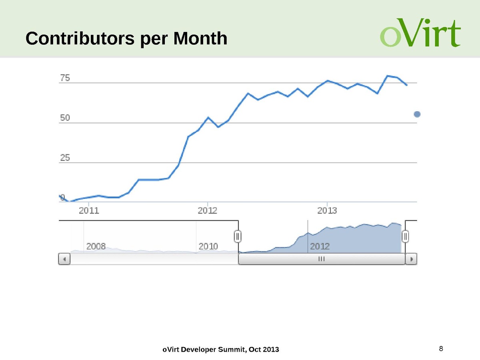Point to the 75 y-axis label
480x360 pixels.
point(65,78)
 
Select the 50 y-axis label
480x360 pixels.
point(65,118)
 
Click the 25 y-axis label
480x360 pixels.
point(65,158)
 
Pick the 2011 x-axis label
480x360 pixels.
point(88,210)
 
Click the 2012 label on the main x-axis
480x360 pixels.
point(208,210)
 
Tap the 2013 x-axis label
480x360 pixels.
point(327,210)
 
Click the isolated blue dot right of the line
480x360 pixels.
point(417,114)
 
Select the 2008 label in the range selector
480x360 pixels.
point(96,246)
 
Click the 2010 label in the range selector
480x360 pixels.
point(208,246)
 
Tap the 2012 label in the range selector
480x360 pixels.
point(320,246)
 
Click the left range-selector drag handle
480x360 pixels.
point(238,236)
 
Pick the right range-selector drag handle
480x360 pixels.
point(405,236)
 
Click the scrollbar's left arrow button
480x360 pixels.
point(64,259)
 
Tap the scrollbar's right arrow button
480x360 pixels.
point(412,259)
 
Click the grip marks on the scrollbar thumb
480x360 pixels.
point(321,259)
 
